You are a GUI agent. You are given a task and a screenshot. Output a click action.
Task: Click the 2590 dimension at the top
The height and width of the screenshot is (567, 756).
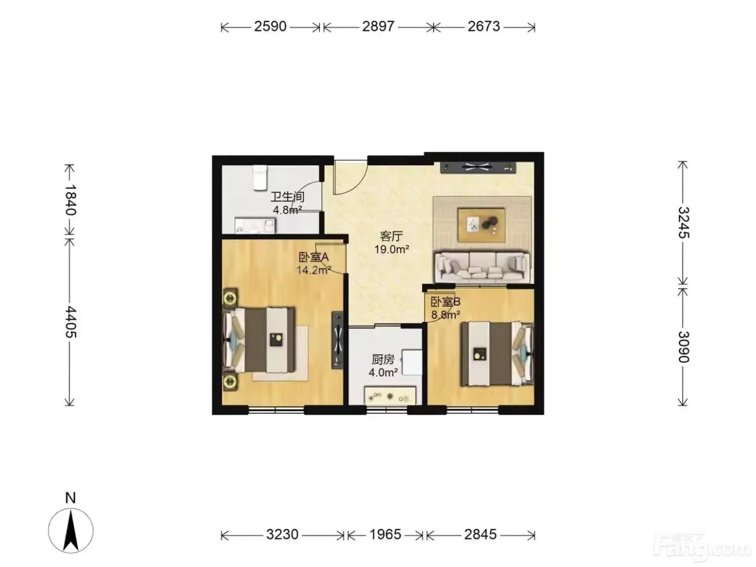pyautogui.click(x=270, y=26)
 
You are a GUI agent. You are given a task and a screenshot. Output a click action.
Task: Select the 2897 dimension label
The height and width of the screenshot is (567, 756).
pyautogui.click(x=378, y=26)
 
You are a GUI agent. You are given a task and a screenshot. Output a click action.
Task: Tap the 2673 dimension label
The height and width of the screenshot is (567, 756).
pyautogui.click(x=483, y=26)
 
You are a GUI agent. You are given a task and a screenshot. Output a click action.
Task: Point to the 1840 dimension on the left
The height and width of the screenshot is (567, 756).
pyautogui.click(x=70, y=200)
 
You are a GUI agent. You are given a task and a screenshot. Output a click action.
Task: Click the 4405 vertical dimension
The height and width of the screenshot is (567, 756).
pyautogui.click(x=70, y=321)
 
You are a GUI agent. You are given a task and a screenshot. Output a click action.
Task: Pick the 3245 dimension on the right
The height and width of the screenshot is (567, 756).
pyautogui.click(x=683, y=222)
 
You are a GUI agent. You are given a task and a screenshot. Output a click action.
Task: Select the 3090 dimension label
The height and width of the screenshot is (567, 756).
pyautogui.click(x=683, y=347)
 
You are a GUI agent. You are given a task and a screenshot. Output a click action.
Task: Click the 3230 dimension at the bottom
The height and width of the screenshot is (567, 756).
pyautogui.click(x=282, y=535)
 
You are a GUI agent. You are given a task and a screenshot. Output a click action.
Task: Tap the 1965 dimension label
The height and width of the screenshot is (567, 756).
pyautogui.click(x=385, y=535)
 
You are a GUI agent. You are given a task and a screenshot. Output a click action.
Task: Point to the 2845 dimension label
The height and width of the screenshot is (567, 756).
pyautogui.click(x=480, y=535)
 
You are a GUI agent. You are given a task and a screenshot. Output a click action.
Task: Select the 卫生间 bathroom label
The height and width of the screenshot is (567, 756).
pyautogui.click(x=288, y=197)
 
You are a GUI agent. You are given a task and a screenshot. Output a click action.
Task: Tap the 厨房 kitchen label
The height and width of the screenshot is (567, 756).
pyautogui.click(x=383, y=360)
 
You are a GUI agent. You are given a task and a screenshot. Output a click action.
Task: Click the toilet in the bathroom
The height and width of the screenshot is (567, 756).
pyautogui.click(x=260, y=177)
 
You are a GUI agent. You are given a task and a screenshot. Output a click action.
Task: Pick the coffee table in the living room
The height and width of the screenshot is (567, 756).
pyautogui.click(x=482, y=224)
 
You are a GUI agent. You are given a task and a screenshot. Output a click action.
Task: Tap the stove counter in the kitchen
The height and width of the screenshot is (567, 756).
pyautogui.click(x=390, y=396)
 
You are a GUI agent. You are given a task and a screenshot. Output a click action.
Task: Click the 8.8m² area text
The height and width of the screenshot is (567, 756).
pyautogui.click(x=446, y=315)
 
